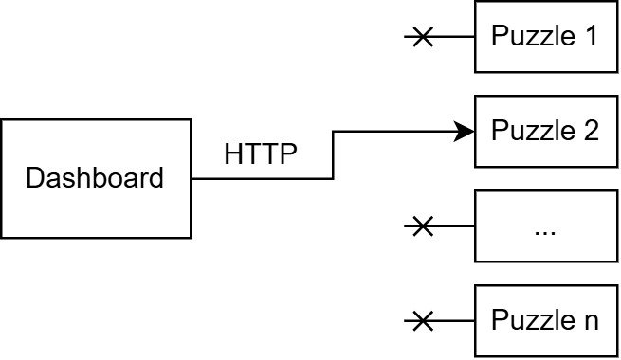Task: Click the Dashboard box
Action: coord(95,178)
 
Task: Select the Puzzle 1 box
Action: coord(544,37)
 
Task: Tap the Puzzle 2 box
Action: coord(544,131)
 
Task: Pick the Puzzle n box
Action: coord(544,320)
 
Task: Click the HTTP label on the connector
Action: coord(261,153)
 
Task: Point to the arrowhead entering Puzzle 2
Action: coord(465,131)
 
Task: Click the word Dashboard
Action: coord(95,178)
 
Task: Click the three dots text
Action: coord(544,230)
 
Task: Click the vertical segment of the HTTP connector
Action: coord(333,154)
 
